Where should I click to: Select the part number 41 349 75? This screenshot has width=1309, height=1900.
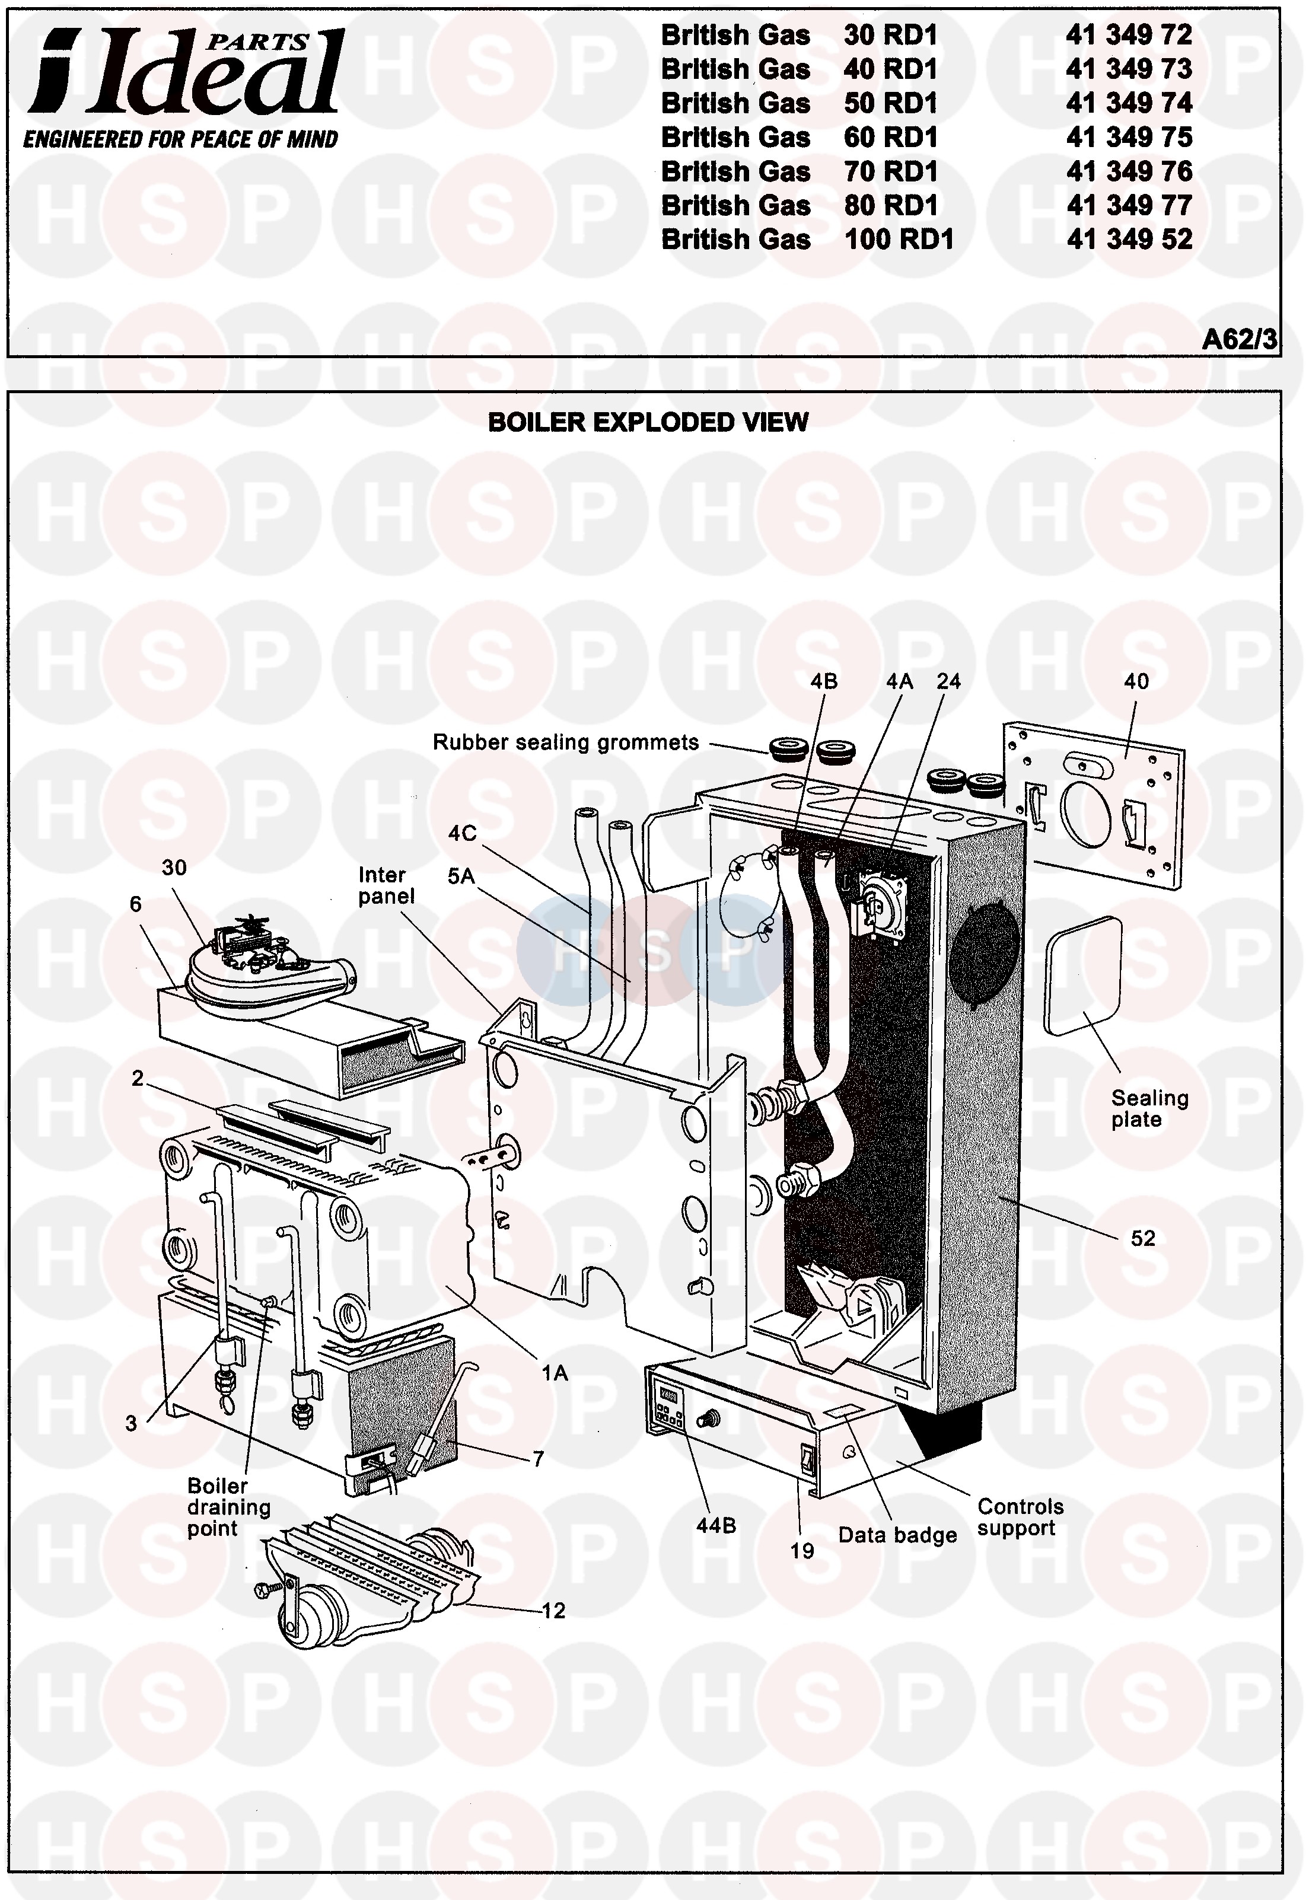[1129, 137]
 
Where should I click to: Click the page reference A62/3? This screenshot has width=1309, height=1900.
[1239, 339]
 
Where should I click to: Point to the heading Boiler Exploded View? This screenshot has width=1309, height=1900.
[648, 422]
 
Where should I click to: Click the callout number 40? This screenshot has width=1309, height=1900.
[1136, 681]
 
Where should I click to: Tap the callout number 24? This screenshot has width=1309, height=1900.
[949, 681]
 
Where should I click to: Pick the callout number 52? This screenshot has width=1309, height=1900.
[1142, 1238]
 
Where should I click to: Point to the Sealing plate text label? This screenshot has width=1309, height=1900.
[1149, 1109]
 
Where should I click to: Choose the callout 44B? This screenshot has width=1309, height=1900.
[715, 1525]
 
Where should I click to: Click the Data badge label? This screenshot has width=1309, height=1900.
[897, 1535]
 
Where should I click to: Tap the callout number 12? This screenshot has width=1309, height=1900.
[555, 1611]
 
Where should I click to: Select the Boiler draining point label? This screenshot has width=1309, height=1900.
[228, 1507]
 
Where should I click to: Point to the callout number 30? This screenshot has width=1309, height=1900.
[174, 868]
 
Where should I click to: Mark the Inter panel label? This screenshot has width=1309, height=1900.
[386, 885]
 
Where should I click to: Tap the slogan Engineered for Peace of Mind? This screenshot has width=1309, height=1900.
[180, 139]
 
